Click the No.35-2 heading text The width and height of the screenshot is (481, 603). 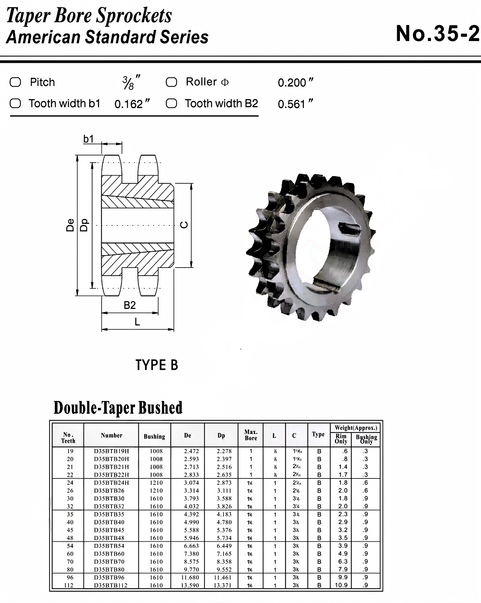click(x=437, y=33)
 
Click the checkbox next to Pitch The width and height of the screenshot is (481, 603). click(x=15, y=82)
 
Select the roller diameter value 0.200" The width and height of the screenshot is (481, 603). click(x=295, y=83)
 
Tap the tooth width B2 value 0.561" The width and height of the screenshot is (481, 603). click(x=295, y=104)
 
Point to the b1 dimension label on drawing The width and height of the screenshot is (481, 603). click(x=88, y=139)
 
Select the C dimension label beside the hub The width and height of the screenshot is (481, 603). click(x=185, y=225)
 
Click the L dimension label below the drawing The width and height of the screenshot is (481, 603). click(x=137, y=322)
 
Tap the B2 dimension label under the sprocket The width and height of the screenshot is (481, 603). click(x=130, y=305)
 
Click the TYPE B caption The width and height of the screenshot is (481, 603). click(x=157, y=365)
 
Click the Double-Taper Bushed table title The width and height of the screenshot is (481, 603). click(x=118, y=408)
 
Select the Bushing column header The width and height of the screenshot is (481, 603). click(x=154, y=436)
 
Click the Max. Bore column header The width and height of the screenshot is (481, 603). click(x=251, y=435)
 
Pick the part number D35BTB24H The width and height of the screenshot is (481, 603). click(x=111, y=483)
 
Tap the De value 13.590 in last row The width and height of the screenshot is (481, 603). click(x=190, y=585)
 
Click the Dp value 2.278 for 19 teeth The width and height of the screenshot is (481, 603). click(x=224, y=451)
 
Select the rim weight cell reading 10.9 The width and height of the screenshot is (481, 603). click(x=341, y=585)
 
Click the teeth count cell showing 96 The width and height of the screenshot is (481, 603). click(x=70, y=577)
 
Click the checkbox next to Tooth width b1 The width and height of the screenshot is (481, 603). click(x=15, y=104)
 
